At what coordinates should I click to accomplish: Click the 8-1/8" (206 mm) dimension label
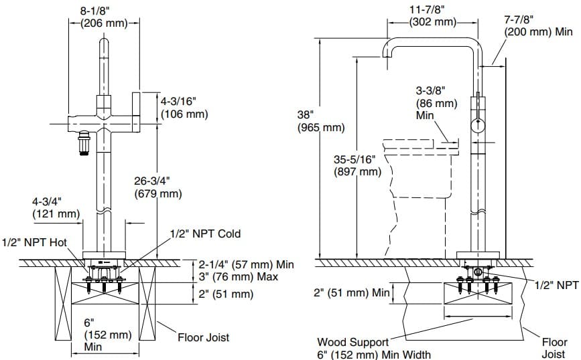105,17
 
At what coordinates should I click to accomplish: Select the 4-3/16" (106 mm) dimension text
184,108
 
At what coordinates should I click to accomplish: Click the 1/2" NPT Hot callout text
34,242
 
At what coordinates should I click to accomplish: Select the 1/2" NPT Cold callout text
205,234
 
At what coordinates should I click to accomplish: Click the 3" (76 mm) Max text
237,276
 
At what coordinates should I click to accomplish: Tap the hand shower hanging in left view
84,142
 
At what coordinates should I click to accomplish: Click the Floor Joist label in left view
203,337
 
